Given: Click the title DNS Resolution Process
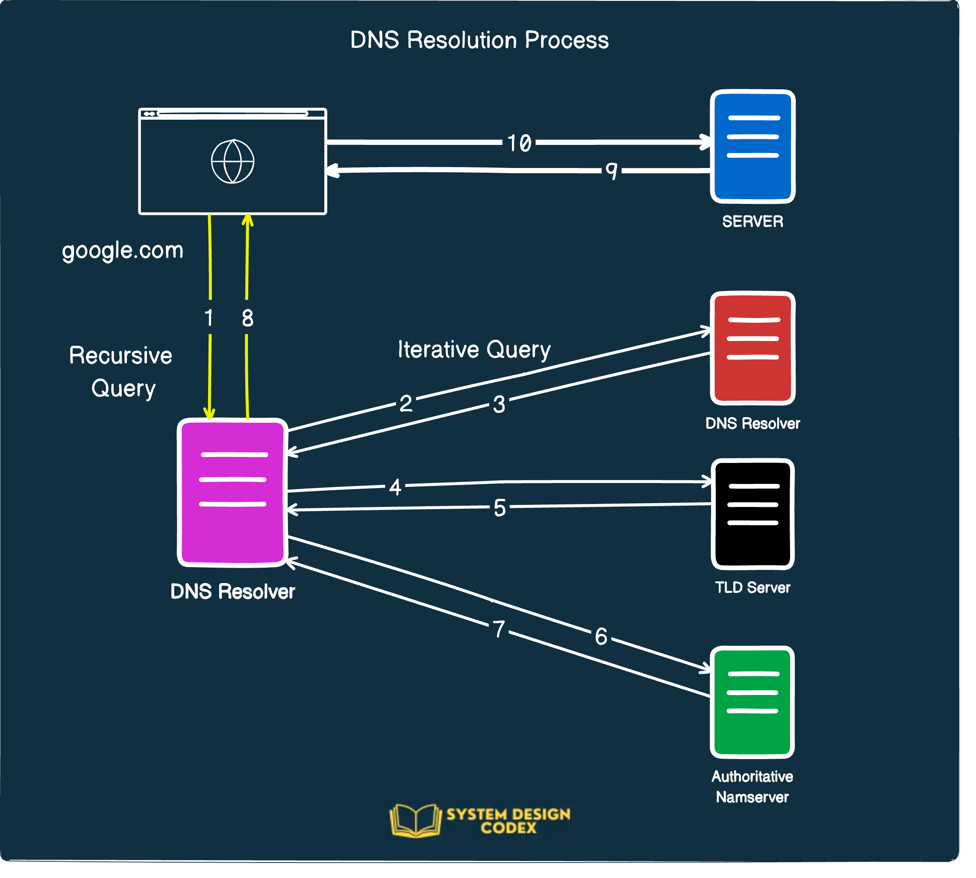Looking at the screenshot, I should click(479, 40).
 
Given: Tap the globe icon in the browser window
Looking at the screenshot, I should click(232, 162).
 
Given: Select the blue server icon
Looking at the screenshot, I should click(752, 146).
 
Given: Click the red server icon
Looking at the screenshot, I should click(752, 348).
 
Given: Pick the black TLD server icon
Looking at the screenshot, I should click(752, 514).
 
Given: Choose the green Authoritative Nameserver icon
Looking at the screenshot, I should click(752, 702).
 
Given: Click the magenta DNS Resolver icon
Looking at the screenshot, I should click(232, 492).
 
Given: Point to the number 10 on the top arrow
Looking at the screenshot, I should click(519, 143).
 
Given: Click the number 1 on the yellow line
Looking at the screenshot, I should click(209, 318).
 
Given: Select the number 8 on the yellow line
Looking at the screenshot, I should click(247, 318).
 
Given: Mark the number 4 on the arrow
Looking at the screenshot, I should click(395, 487).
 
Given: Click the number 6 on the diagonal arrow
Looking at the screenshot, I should click(601, 637).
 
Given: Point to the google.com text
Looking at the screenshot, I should click(123, 251).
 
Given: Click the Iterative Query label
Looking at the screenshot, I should click(474, 350).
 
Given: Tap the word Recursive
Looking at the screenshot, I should click(121, 356).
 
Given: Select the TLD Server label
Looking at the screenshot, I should click(752, 588).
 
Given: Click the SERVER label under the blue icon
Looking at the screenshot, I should click(752, 221).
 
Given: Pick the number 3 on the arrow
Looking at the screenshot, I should click(499, 404).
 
